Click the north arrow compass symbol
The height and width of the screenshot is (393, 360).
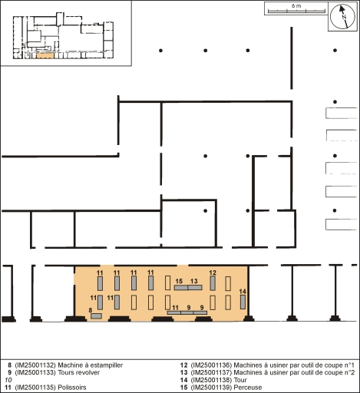click(x=342, y=16)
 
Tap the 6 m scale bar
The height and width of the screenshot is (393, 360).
click(x=296, y=11)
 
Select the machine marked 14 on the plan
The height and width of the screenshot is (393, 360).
click(x=243, y=302)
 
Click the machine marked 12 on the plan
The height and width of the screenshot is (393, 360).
click(x=213, y=283)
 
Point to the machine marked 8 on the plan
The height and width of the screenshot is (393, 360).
click(x=96, y=316)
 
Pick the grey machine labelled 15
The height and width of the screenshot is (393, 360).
click(x=181, y=288)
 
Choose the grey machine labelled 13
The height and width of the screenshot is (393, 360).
click(x=195, y=288)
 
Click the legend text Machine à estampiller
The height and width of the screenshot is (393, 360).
click(x=91, y=365)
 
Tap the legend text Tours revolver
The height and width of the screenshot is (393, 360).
click(x=79, y=372)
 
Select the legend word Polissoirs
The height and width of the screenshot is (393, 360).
click(x=72, y=388)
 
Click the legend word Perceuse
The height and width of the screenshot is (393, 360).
click(x=248, y=388)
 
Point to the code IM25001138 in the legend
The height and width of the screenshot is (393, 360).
click(x=211, y=380)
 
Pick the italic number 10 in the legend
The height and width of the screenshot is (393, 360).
click(x=8, y=380)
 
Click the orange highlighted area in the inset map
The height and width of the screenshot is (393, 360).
click(x=45, y=55)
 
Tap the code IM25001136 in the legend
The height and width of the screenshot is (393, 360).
click(x=211, y=365)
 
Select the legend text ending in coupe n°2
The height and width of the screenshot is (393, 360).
click(x=294, y=372)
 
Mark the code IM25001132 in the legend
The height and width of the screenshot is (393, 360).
click(x=35, y=365)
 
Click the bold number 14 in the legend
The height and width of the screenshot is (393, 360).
click(x=184, y=380)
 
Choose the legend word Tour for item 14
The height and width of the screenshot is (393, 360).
click(x=240, y=380)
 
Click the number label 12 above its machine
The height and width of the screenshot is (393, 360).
click(x=213, y=272)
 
